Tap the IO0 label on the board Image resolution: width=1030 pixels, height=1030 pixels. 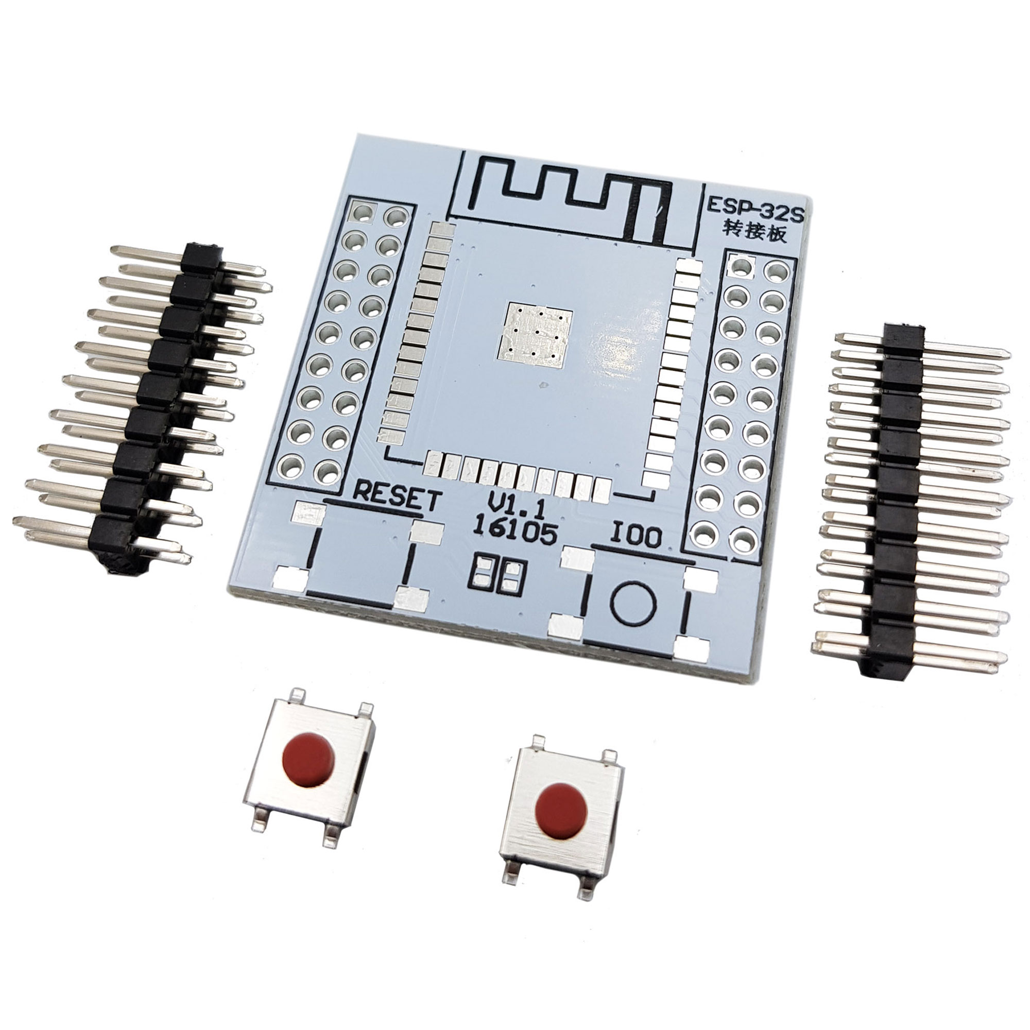click(x=636, y=537)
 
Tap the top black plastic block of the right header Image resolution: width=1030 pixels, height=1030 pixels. click(x=903, y=335)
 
